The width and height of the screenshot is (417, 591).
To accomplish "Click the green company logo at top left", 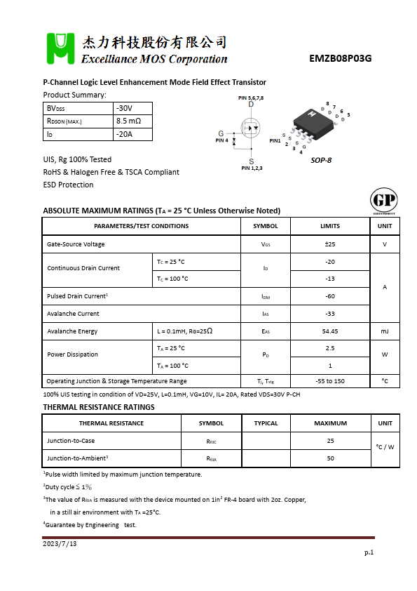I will point(60,48).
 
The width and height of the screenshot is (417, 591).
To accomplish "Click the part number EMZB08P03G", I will point(340,59).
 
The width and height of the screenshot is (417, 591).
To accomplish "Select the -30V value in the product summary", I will point(124,109).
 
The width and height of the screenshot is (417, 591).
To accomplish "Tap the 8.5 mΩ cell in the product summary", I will point(128,121).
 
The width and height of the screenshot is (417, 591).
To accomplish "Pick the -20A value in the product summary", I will point(124,134).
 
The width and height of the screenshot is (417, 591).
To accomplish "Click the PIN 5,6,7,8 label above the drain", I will point(251,98).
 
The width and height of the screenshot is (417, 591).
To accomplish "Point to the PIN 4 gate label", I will point(221,140).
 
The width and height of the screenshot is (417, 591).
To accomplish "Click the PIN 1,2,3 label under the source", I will point(252,168).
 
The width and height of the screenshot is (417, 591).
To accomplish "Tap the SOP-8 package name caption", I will point(321,160).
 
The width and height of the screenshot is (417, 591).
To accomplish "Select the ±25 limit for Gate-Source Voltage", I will point(329,244).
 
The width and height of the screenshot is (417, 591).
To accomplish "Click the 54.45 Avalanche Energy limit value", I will point(329,331).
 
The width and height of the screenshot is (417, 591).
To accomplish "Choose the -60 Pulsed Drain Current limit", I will point(329,296).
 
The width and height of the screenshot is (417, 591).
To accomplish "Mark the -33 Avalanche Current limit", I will point(329,314).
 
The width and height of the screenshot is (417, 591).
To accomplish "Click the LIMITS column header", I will point(329,226).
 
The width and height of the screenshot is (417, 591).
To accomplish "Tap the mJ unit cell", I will point(385,331).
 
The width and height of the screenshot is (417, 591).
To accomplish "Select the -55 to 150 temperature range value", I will point(329,381).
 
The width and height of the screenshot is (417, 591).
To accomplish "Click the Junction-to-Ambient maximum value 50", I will point(330,458).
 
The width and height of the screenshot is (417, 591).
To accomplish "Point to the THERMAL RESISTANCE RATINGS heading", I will point(99,407).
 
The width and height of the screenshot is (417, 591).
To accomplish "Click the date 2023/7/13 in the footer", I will point(60,544).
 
